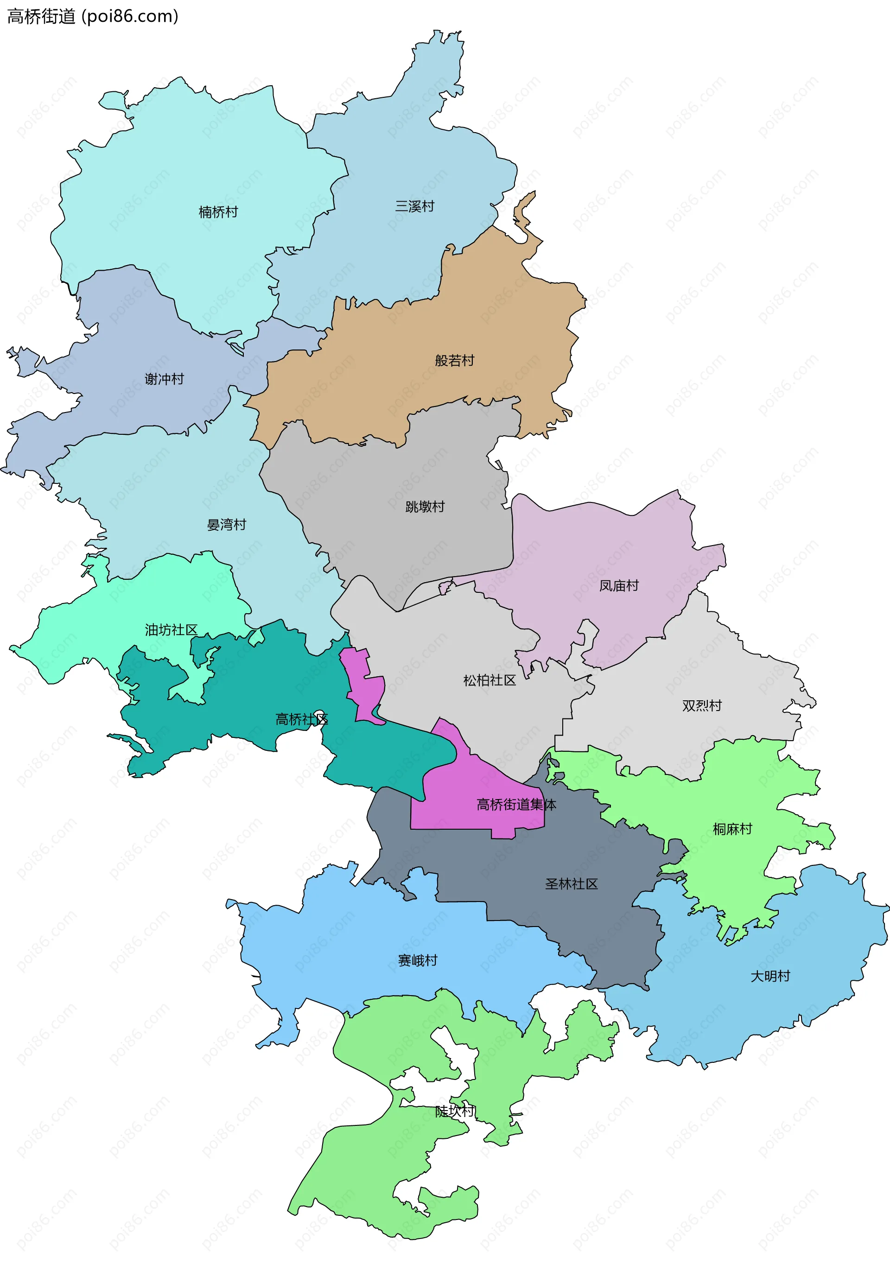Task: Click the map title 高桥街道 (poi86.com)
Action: pyautogui.click(x=92, y=17)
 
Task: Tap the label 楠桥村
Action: pyautogui.click(x=218, y=212)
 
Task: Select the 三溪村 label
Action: pyautogui.click(x=414, y=206)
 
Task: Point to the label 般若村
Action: pyautogui.click(x=454, y=361)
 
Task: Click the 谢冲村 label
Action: pyautogui.click(x=164, y=379)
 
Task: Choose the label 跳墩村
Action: pyautogui.click(x=425, y=507)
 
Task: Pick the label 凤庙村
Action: pyautogui.click(x=618, y=586)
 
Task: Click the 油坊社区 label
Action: pyautogui.click(x=171, y=630)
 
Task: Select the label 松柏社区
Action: pyautogui.click(x=489, y=680)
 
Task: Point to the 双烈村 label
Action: pyautogui.click(x=701, y=706)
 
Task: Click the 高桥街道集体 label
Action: pyautogui.click(x=515, y=805)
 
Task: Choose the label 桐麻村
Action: pyautogui.click(x=732, y=829)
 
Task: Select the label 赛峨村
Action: pyautogui.click(x=418, y=961)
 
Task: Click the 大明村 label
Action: pyautogui.click(x=769, y=976)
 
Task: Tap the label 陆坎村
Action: pyautogui.click(x=454, y=1111)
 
